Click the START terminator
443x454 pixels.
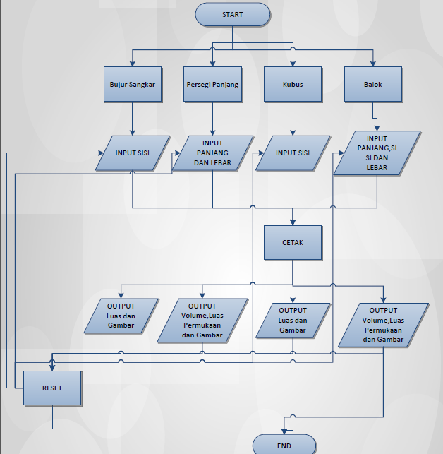232,15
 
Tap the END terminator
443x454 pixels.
284,445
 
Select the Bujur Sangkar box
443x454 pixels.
132,85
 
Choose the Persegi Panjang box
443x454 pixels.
212,85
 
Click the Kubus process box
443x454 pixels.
293,85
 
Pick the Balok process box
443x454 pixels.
373,85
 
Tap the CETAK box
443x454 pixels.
293,242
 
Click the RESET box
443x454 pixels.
52,388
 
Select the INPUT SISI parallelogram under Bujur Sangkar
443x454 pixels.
132,153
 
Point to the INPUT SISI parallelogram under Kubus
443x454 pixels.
293,153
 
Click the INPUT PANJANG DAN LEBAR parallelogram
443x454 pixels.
212,153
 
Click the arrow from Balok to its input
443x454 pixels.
375,117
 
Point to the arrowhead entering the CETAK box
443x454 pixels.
293,222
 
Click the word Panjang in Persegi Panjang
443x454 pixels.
226,85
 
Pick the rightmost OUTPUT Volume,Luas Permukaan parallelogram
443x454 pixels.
383,324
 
